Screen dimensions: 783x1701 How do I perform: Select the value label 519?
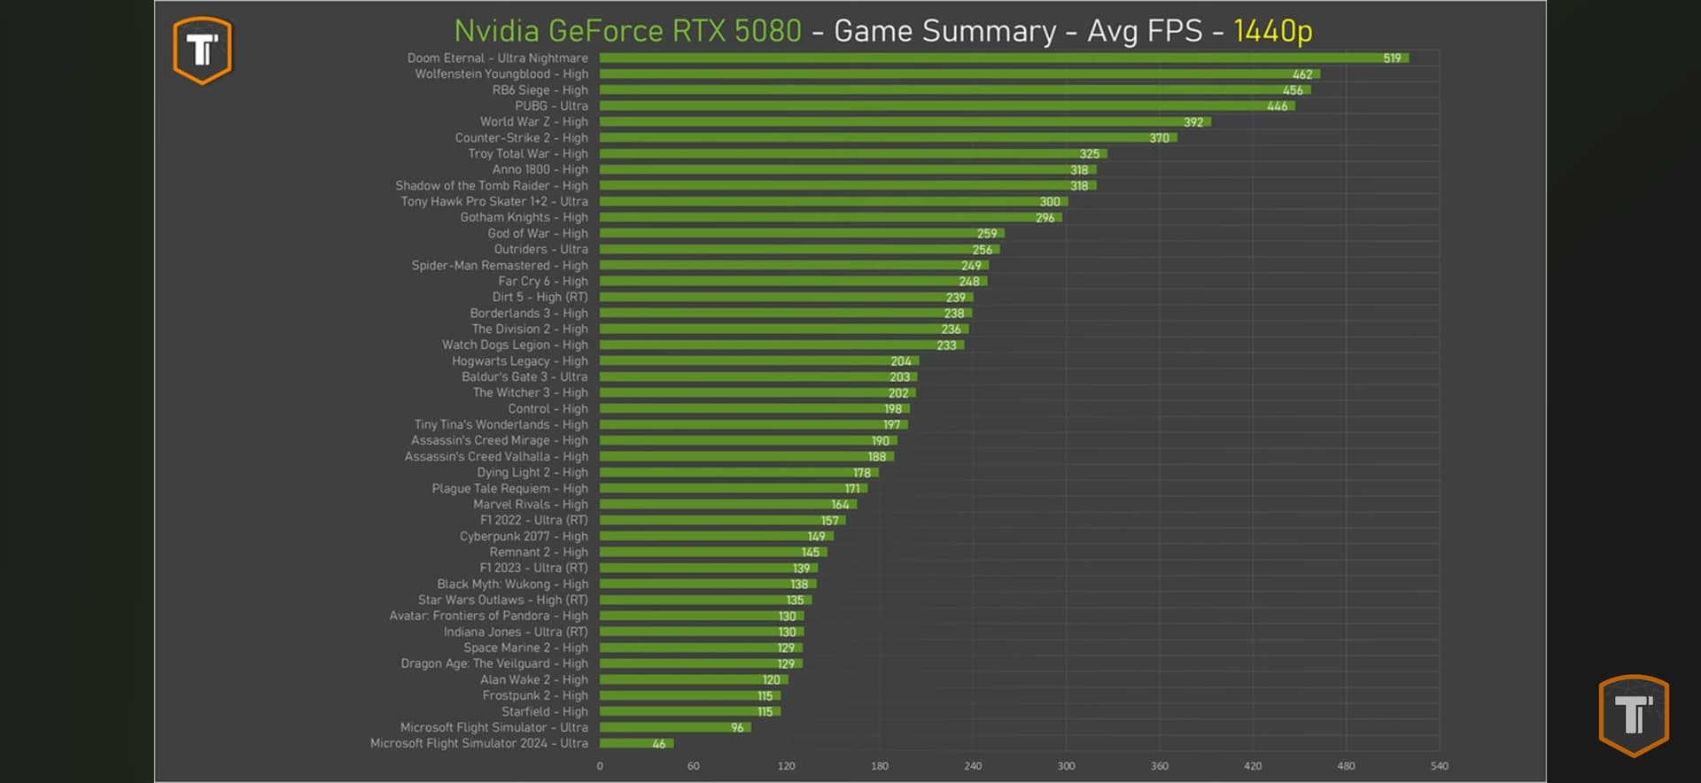pyautogui.click(x=1392, y=58)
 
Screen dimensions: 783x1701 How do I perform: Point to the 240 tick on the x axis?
pyautogui.click(x=973, y=766)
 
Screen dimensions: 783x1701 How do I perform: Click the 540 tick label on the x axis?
pyautogui.click(x=1439, y=766)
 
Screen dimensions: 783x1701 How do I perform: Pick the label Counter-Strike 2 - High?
pyautogui.click(x=521, y=138)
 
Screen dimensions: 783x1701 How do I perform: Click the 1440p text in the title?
pyautogui.click(x=1272, y=31)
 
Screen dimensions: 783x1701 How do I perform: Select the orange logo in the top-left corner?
pyautogui.click(x=203, y=50)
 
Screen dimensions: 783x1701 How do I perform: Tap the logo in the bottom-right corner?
pyautogui.click(x=1633, y=715)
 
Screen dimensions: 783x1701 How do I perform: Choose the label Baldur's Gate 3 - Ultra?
pyautogui.click(x=524, y=377)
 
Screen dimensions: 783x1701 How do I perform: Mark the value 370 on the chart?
pyautogui.click(x=1159, y=138)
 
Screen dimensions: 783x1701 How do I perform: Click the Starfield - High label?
pyautogui.click(x=544, y=712)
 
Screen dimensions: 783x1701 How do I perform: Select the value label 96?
pyautogui.click(x=737, y=728)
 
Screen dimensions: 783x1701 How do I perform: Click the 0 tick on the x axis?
pyautogui.click(x=600, y=766)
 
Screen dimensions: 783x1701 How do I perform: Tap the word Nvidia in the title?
pyautogui.click(x=496, y=31)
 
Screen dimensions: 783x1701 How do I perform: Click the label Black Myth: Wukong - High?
pyautogui.click(x=512, y=585)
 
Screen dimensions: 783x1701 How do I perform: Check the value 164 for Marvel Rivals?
pyautogui.click(x=840, y=505)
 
